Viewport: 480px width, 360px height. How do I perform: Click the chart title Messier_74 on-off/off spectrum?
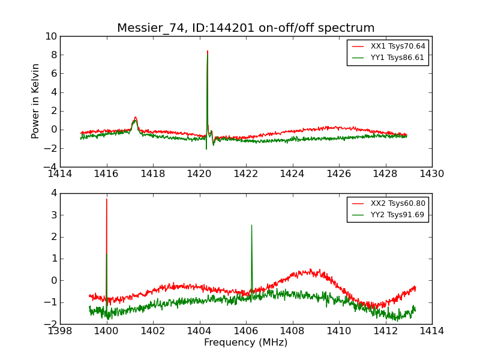click(245, 28)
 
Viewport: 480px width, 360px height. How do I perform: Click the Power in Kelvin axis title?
click(36, 101)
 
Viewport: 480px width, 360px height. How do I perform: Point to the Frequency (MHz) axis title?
click(245, 343)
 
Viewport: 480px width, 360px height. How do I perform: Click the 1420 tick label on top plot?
click(199, 174)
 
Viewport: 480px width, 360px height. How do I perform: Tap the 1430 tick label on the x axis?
click(431, 174)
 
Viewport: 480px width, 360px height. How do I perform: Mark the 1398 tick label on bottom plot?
click(60, 331)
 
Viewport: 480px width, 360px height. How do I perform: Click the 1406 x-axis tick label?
click(245, 331)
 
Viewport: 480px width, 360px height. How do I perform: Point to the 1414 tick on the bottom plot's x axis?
click(431, 331)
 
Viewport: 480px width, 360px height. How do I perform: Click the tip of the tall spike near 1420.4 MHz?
click(208, 52)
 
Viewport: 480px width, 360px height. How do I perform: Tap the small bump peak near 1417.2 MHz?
click(136, 118)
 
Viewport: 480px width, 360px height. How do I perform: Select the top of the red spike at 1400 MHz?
click(107, 199)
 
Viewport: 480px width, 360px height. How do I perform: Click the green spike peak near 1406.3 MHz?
click(251, 226)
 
